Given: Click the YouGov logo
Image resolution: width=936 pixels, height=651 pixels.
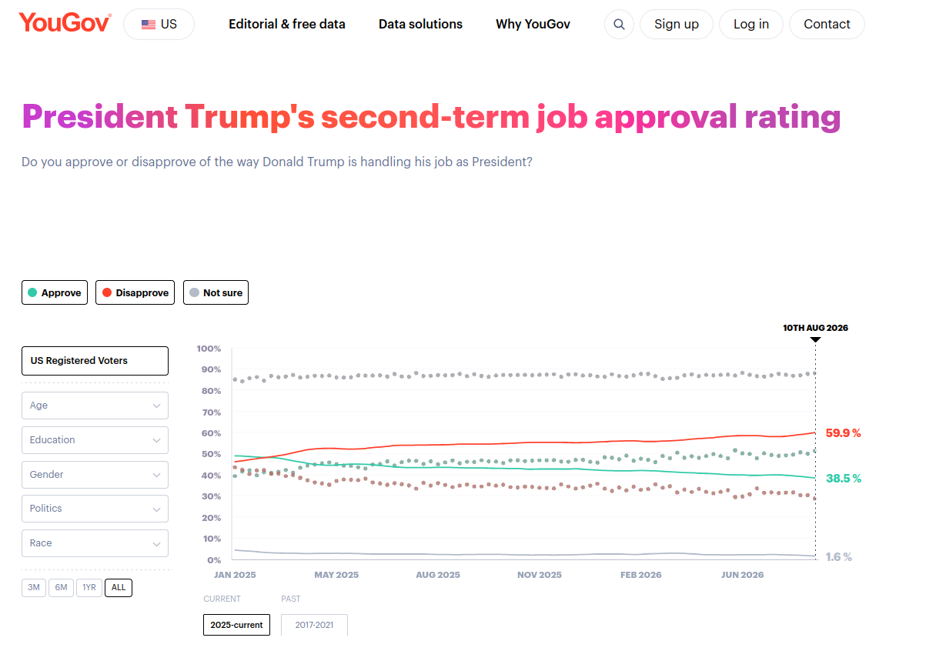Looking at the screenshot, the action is click(65, 22).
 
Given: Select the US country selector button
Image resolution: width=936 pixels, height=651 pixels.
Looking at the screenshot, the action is click(159, 24).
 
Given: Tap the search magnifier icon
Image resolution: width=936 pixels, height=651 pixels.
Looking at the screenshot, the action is click(619, 24).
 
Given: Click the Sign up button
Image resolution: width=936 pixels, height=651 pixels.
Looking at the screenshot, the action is click(676, 24).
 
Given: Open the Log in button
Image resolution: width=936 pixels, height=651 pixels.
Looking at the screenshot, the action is click(751, 24).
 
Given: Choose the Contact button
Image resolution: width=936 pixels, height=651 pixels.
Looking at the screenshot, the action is click(827, 24).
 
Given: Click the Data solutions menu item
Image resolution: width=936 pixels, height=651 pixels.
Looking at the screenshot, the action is click(420, 24).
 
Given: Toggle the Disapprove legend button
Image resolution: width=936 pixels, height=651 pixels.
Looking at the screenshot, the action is click(135, 292).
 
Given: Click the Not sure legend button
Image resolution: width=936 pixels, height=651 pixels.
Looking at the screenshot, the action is click(216, 292).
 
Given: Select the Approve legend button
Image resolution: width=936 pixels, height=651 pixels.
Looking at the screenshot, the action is click(55, 292).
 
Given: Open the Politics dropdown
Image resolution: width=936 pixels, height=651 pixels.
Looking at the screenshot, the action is click(95, 509).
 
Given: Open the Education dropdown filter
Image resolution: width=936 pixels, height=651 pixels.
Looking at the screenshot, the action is click(95, 440).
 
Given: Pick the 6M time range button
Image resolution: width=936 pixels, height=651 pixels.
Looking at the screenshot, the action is click(61, 587).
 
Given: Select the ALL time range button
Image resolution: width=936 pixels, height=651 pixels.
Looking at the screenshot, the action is click(119, 587).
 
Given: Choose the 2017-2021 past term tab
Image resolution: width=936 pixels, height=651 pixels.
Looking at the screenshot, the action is click(314, 625).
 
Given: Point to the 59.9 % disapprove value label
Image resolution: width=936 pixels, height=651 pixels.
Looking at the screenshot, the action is click(843, 433).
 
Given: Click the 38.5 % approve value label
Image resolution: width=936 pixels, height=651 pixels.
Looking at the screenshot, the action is click(843, 478).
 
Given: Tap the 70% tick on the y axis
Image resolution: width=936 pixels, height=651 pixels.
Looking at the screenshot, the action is click(211, 412).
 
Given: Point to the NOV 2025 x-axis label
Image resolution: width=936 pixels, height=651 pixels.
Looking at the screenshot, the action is click(539, 575).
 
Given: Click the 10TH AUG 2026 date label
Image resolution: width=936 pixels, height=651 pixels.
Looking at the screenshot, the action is click(815, 328).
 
